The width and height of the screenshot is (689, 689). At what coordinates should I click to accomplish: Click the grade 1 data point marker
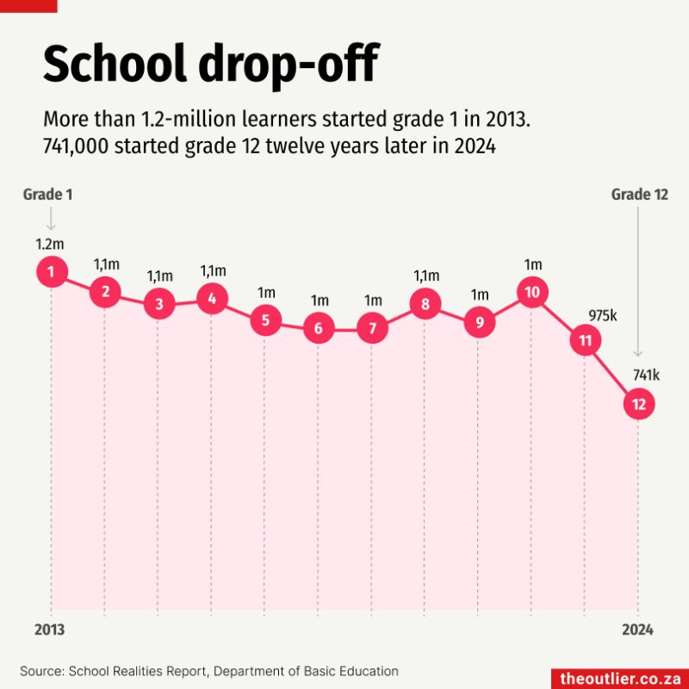52,273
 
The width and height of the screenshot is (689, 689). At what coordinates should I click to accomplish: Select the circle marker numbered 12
638,403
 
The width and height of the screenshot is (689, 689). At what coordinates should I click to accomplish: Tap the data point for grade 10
532,293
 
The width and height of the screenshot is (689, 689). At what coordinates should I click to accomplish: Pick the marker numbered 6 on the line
319,328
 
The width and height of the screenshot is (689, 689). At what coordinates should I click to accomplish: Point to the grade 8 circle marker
425,303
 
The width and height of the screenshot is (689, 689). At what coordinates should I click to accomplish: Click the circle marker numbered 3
158,303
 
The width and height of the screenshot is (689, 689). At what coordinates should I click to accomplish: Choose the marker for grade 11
586,341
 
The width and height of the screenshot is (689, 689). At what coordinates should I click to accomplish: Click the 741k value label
646,376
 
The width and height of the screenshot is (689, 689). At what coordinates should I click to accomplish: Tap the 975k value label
603,315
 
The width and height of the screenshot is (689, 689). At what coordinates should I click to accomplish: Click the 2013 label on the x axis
49,630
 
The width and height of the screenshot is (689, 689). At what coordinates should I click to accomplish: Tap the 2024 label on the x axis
638,630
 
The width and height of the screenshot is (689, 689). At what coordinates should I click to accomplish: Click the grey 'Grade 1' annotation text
47,195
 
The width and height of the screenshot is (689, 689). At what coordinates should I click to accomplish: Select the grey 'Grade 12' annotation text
640,195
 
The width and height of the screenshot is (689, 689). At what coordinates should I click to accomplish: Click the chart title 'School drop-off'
210,65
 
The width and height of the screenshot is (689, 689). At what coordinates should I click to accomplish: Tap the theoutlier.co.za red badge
620,678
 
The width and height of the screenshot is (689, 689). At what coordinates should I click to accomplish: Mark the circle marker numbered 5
265,320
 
